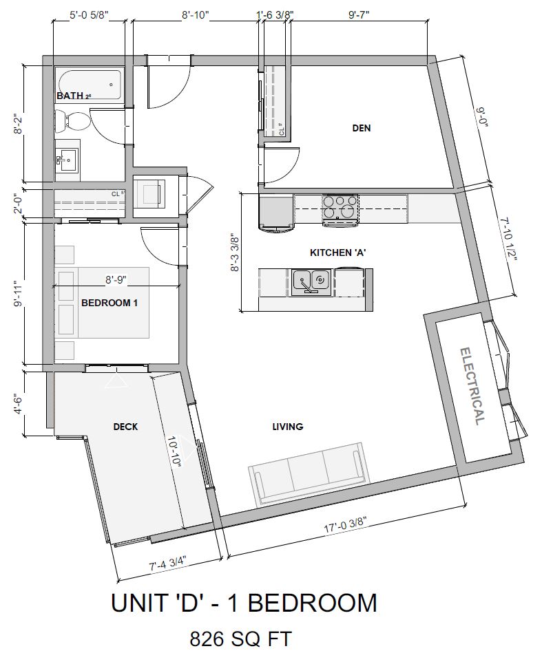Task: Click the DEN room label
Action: (362, 127)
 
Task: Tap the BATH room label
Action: (70, 96)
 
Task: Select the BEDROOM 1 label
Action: (110, 302)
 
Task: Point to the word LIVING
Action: (287, 427)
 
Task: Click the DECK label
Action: (125, 427)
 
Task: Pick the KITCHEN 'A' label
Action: (337, 253)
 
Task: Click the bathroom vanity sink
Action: (67, 159)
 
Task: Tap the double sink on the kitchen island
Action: (309, 281)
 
